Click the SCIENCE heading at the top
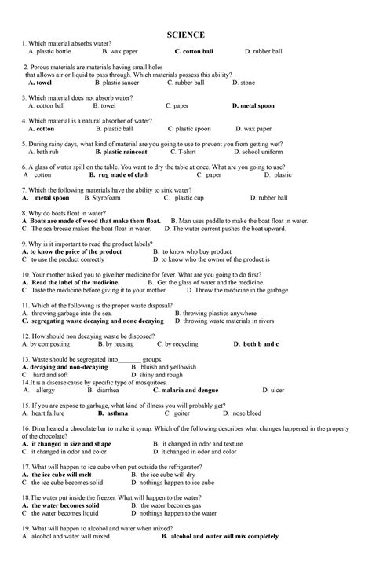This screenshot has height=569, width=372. (185, 35)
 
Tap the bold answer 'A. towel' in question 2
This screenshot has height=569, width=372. (39, 82)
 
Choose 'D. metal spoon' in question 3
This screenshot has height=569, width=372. (253, 105)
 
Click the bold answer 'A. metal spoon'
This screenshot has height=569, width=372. (46, 198)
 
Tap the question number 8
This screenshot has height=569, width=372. (25, 213)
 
